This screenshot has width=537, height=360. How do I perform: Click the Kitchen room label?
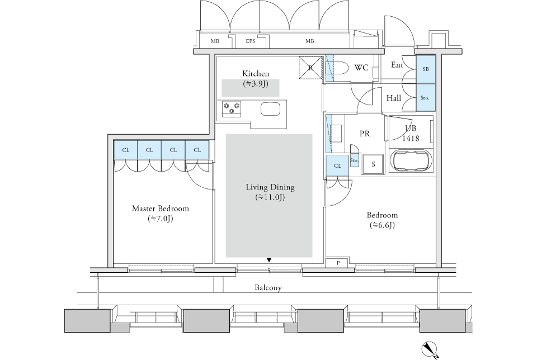(x=256, y=74)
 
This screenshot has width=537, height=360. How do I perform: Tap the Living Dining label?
(x=270, y=187)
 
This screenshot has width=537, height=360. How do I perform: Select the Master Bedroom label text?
(x=161, y=209)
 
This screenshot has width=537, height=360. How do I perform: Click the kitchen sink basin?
(x=271, y=109)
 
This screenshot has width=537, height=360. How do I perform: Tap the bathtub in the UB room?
(x=411, y=160)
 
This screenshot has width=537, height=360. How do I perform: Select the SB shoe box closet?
(x=425, y=69)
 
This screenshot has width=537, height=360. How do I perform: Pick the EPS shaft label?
(x=251, y=41)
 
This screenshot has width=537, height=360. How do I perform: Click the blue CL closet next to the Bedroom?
(x=337, y=165)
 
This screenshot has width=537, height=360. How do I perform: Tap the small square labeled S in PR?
(x=373, y=164)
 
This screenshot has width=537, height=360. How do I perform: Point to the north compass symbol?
(x=430, y=350)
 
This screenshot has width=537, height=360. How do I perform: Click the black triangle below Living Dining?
(x=269, y=260)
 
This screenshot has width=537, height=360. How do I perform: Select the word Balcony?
(x=268, y=288)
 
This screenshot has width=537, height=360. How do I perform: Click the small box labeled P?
(x=338, y=263)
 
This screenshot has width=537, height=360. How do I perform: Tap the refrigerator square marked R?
(x=310, y=68)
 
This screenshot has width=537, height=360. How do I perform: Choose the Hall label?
(x=393, y=98)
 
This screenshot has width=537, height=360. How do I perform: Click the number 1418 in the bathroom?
(x=411, y=138)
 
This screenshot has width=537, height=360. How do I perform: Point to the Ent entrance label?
(x=397, y=65)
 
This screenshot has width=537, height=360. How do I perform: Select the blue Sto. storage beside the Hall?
(x=425, y=97)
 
